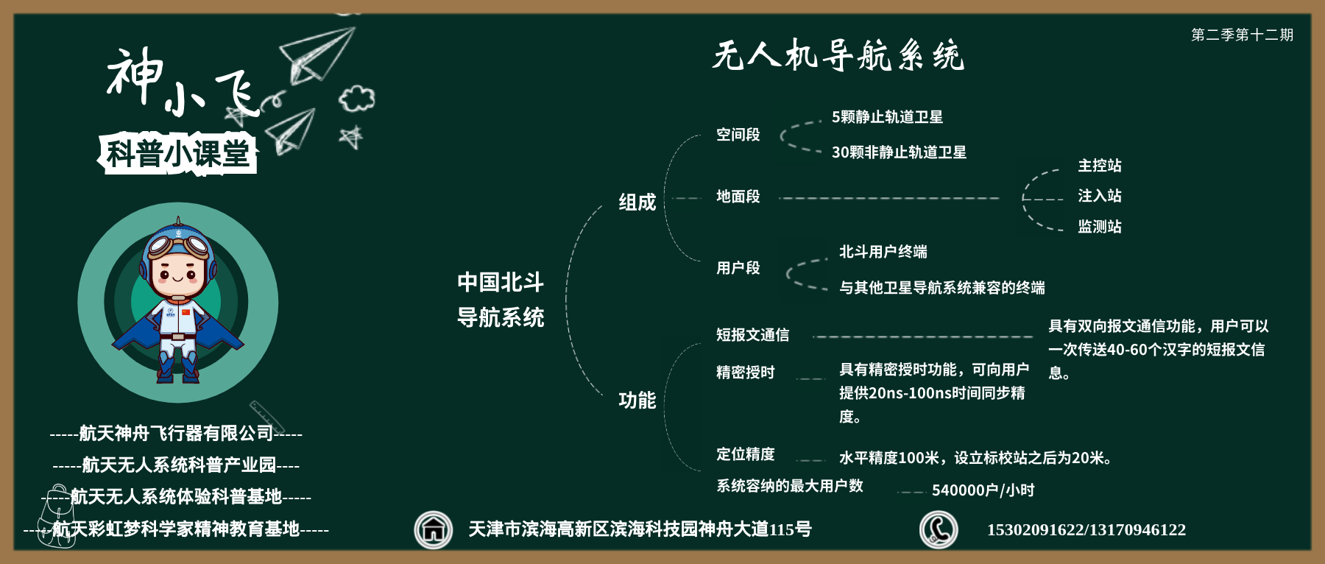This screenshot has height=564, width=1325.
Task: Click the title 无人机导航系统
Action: click(838, 55)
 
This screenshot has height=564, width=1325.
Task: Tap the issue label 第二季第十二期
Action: click(1242, 35)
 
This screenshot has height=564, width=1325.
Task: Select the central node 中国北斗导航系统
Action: click(501, 300)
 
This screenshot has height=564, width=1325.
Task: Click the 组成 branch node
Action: click(637, 202)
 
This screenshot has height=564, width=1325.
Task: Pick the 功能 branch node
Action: click(637, 401)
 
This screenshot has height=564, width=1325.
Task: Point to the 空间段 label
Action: click(738, 135)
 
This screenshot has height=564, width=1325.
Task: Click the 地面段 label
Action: click(738, 197)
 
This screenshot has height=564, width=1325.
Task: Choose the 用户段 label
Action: click(738, 268)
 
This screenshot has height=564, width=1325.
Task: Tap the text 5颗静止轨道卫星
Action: click(887, 117)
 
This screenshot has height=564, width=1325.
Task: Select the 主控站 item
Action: click(1100, 166)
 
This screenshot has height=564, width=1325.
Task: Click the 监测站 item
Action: click(1100, 227)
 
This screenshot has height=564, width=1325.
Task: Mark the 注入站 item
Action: click(1100, 196)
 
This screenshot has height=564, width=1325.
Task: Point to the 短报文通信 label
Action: click(752, 335)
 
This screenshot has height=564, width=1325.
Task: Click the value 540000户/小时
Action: click(983, 490)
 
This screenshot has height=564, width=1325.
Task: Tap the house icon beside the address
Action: click(434, 530)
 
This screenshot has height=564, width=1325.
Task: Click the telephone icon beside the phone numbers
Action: click(939, 530)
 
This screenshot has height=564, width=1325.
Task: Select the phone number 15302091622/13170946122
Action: click(1086, 530)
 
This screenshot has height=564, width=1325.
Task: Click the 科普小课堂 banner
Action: click(177, 154)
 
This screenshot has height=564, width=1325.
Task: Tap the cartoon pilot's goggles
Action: click(179, 244)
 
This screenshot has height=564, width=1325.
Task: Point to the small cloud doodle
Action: click(357, 98)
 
